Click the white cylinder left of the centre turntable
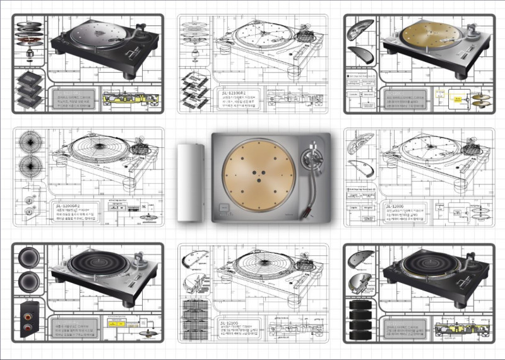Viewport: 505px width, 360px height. point(190,183)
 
